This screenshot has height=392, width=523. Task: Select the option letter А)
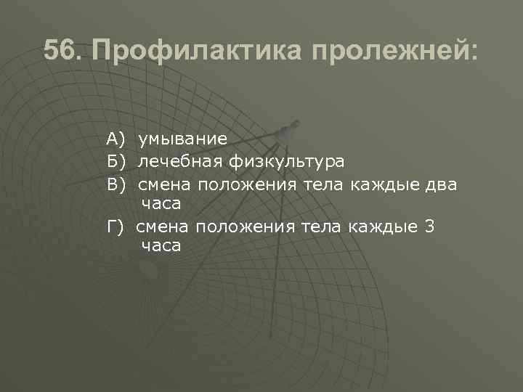click(116, 138)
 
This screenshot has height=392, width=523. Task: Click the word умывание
click(183, 138)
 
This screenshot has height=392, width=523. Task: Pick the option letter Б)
click(116, 160)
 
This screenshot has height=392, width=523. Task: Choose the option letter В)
click(116, 184)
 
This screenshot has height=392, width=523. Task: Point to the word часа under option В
click(161, 204)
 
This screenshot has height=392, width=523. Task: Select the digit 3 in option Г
click(429, 226)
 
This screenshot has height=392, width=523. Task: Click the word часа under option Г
click(161, 247)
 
